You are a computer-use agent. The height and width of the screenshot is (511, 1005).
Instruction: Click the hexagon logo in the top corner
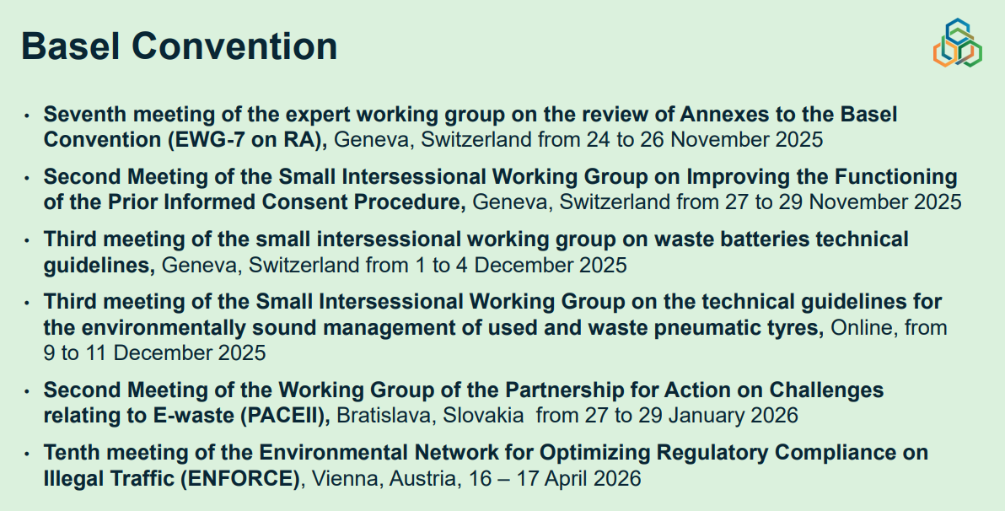point(957,42)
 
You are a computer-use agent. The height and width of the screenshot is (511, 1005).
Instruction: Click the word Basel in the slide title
point(71,46)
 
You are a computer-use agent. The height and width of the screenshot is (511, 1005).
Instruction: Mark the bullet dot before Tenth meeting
point(27,454)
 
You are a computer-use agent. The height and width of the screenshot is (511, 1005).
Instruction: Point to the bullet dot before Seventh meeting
point(27,116)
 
